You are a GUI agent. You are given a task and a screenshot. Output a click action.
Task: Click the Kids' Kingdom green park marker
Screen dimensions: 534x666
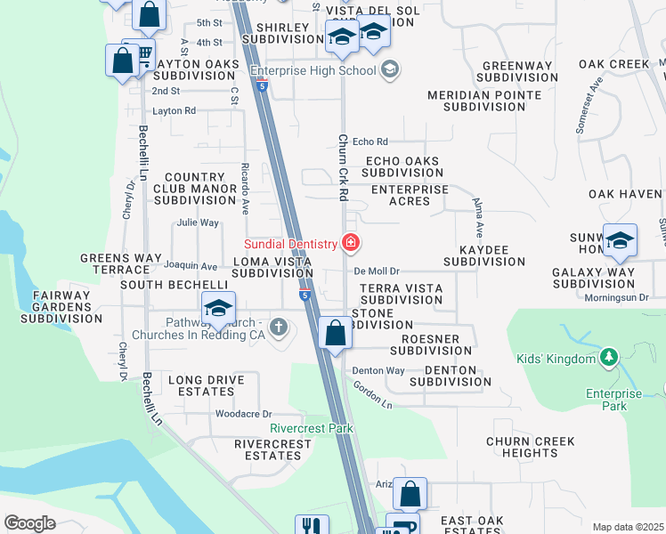coord(608,359)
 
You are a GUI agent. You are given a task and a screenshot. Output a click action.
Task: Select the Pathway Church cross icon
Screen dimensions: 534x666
coord(279,327)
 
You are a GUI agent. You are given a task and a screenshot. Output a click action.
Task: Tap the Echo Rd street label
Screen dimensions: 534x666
coord(370,142)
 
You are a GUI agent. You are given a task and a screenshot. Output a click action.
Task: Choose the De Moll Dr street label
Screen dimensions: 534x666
coord(378,271)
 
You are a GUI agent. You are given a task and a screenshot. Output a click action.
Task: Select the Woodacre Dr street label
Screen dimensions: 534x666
coord(243,414)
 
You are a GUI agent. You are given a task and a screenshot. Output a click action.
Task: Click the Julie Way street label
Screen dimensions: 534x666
coord(198,222)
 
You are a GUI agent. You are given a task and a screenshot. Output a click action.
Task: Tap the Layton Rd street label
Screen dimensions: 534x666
coord(174,111)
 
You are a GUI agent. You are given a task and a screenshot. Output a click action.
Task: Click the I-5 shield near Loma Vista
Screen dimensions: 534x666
coord(305,295)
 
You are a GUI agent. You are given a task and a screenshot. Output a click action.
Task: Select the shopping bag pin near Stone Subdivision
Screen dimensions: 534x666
coord(335,335)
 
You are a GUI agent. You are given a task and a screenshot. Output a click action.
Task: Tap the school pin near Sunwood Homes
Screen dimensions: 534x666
coord(620,240)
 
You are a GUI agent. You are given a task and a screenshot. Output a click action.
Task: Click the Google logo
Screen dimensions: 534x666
coord(30,523)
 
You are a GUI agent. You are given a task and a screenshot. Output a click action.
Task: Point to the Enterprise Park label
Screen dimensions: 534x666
coord(613,400)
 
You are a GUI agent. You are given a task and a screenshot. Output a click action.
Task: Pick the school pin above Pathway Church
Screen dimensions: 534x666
coord(217,309)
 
